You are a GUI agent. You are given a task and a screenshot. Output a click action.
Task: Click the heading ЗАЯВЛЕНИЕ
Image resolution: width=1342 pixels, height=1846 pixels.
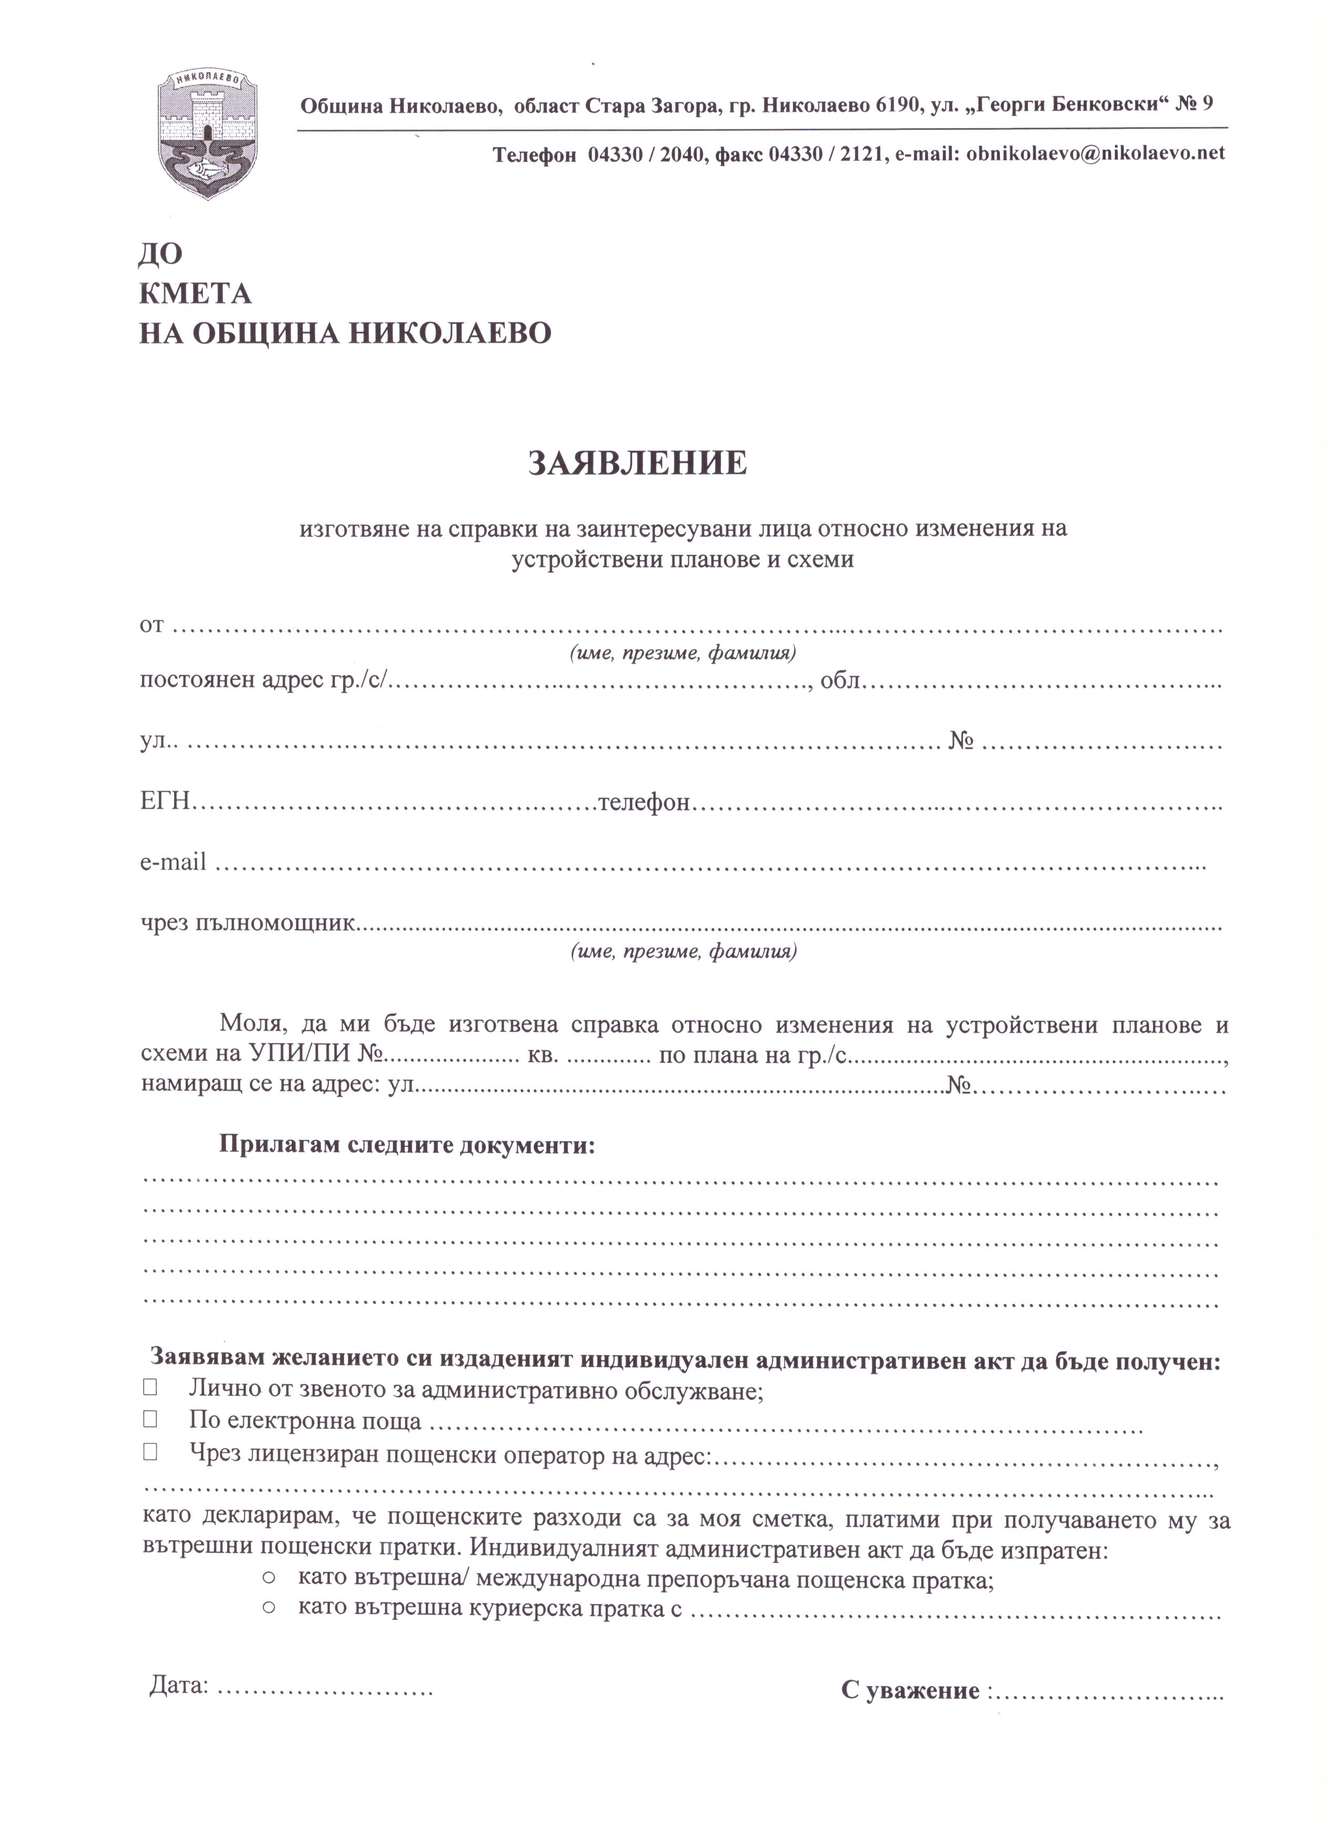click(x=637, y=464)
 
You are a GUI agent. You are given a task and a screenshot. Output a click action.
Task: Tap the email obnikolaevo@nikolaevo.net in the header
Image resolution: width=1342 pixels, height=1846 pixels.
click(x=1095, y=154)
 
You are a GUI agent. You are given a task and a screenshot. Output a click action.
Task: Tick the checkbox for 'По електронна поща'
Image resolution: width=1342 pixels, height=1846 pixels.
click(x=150, y=1419)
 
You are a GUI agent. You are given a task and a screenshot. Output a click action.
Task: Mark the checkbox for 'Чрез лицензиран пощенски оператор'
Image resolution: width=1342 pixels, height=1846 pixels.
click(x=150, y=1451)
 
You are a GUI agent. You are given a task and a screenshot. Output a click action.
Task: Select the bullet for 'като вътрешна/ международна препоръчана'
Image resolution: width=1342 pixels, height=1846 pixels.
click(x=269, y=1580)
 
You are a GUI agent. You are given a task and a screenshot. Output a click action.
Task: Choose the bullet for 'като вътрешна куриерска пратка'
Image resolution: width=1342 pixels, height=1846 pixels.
click(x=269, y=1608)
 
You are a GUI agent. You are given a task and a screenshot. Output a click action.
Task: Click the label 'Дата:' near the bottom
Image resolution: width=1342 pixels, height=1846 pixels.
click(x=179, y=1686)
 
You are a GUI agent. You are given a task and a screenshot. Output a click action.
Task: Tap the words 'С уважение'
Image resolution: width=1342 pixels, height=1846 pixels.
click(x=910, y=1690)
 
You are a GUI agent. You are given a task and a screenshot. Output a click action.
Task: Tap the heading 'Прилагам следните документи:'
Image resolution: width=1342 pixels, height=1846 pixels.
click(x=407, y=1146)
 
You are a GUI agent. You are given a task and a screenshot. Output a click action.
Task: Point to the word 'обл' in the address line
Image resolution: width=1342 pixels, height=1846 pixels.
click(x=840, y=681)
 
